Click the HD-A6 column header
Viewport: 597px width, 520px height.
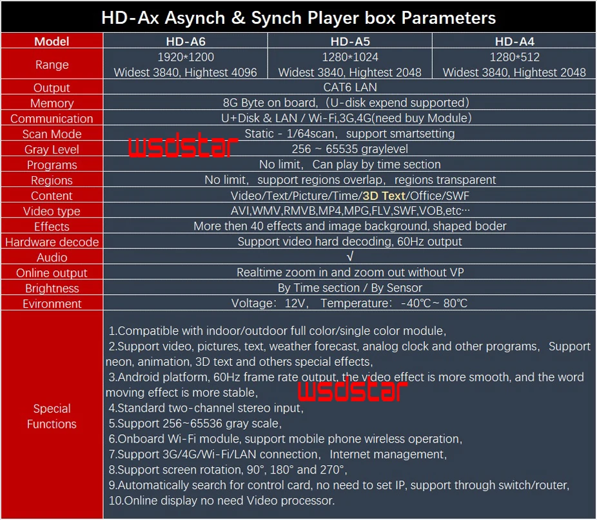pyautogui.click(x=185, y=41)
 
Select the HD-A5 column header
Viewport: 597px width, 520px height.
pyautogui.click(x=349, y=41)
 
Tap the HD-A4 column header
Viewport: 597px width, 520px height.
pyautogui.click(x=514, y=41)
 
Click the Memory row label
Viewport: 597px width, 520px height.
pyautogui.click(x=52, y=103)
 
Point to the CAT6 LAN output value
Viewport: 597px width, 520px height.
pyautogui.click(x=349, y=87)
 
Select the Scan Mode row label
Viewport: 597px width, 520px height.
pyautogui.click(x=52, y=134)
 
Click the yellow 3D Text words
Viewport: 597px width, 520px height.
pyautogui.click(x=384, y=195)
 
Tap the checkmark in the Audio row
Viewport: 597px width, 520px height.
pyautogui.click(x=349, y=257)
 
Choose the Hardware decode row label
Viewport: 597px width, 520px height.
pyautogui.click(x=52, y=242)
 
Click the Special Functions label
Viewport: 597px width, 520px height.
pyautogui.click(x=52, y=416)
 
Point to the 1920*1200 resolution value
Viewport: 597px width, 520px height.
pyautogui.click(x=185, y=57)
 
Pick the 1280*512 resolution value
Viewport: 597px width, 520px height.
pyautogui.click(x=514, y=57)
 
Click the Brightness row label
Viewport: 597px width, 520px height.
pyautogui.click(x=52, y=288)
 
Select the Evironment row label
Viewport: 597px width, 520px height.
pyautogui.click(x=52, y=304)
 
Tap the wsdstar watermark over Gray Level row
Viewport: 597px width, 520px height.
pyautogui.click(x=179, y=147)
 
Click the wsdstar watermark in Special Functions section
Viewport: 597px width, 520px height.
pyautogui.click(x=352, y=390)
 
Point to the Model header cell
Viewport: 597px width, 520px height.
pyautogui.click(x=52, y=41)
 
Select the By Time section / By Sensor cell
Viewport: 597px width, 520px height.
pyautogui.click(x=349, y=288)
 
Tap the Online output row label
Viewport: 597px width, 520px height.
pyautogui.click(x=52, y=273)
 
